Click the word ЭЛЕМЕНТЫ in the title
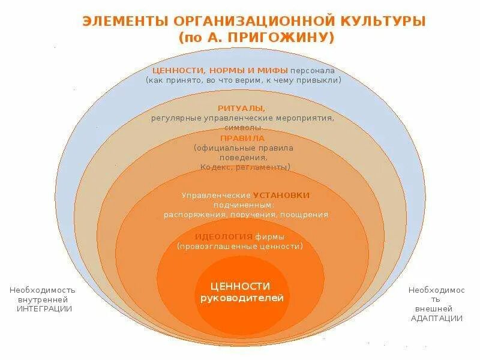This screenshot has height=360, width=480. click(x=124, y=22)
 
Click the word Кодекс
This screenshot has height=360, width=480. click(x=217, y=167)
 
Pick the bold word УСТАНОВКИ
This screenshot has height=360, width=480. click(x=281, y=195)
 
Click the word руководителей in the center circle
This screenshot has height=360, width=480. click(x=241, y=298)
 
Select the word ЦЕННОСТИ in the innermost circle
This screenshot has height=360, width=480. click(x=241, y=286)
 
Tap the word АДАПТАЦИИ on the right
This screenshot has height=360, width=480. click(x=436, y=317)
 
